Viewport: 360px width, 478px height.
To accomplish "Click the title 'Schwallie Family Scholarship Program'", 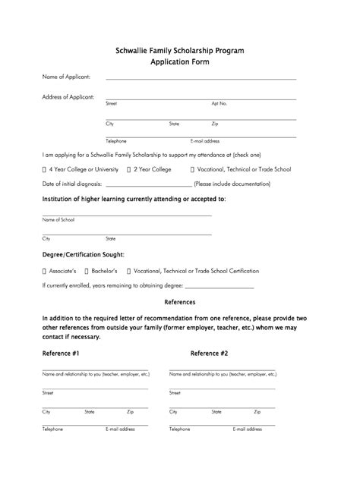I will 180,49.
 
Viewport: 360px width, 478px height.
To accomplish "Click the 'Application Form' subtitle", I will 180,62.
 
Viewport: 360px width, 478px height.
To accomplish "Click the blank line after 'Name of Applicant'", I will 201,77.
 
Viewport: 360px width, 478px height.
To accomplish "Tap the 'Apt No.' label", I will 219,103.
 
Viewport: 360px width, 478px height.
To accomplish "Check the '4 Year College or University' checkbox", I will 45,169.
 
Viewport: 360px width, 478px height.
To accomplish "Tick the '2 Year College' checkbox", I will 130,169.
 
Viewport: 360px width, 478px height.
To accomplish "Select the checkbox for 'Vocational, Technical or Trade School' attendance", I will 192,169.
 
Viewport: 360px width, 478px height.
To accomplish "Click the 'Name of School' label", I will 58,219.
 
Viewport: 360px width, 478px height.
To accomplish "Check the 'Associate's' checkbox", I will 45,271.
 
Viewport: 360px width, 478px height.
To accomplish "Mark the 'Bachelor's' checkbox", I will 87,271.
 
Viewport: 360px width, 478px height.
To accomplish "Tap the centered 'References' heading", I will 180,302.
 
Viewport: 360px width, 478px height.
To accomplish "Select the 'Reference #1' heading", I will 62,354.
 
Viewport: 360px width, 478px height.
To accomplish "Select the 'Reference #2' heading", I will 209,354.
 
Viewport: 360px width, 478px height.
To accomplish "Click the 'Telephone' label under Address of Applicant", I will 116,141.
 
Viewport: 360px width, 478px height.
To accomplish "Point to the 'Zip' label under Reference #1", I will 131,411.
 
